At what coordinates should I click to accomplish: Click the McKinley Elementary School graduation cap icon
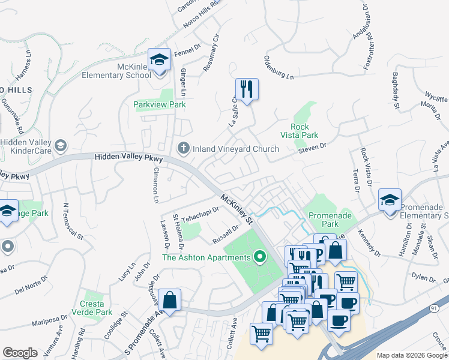point(159,60)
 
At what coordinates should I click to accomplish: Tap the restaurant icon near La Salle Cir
point(247,89)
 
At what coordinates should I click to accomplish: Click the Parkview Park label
point(159,104)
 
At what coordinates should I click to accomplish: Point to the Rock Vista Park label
point(304,131)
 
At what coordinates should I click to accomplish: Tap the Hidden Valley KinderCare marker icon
point(60,145)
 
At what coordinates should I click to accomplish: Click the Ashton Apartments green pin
point(260,257)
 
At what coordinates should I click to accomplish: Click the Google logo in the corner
point(19,353)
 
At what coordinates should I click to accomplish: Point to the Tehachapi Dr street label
point(200,213)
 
